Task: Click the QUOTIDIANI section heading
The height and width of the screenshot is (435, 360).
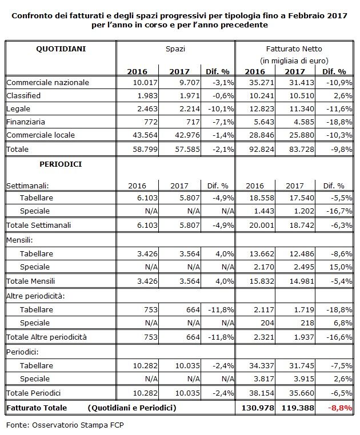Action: (x=61, y=49)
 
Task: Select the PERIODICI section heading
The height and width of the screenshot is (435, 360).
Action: (x=61, y=164)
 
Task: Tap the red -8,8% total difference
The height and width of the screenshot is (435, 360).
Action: (x=340, y=408)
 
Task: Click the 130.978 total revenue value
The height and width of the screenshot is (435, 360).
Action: (x=258, y=408)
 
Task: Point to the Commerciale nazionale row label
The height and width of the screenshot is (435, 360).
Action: (x=48, y=82)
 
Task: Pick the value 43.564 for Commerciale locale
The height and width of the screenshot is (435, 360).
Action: (x=145, y=135)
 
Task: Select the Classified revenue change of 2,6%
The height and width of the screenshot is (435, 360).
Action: (x=343, y=96)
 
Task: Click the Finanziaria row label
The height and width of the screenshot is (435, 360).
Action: (x=26, y=122)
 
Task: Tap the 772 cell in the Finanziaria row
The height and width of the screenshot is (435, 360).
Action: (x=150, y=122)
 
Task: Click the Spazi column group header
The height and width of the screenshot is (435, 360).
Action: (x=175, y=49)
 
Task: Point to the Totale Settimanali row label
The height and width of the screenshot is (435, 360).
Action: (x=39, y=225)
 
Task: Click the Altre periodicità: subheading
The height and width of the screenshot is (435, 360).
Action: (x=35, y=296)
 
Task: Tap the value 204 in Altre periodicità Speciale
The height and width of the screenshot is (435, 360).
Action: (x=267, y=323)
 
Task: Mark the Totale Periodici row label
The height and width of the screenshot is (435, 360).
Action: (x=33, y=393)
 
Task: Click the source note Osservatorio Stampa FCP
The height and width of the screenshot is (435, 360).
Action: (x=78, y=425)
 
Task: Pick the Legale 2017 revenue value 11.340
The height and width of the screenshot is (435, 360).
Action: (x=302, y=108)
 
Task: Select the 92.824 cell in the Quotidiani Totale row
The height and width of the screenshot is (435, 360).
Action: (x=262, y=149)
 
